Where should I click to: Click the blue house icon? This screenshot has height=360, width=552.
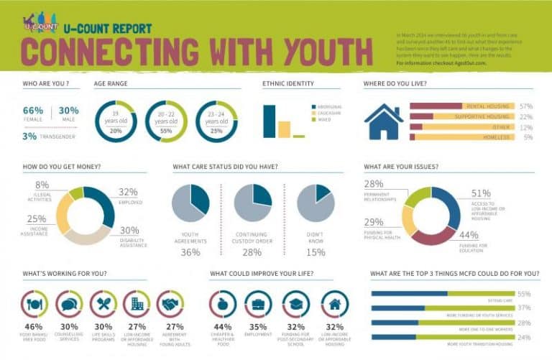click(x=384, y=122)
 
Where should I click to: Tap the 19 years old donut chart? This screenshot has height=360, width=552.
click(x=115, y=121)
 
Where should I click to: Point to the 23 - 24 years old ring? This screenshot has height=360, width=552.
click(x=216, y=121)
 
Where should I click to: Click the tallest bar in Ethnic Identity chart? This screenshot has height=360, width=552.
click(x=270, y=121)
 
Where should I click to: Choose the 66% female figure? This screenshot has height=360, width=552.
click(x=33, y=110)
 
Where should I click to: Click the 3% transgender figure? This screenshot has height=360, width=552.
click(x=29, y=136)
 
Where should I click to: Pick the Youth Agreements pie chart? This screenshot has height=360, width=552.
click(x=190, y=203)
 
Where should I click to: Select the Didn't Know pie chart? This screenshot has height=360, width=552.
click(x=316, y=203)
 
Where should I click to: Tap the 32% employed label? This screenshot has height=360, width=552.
click(x=128, y=192)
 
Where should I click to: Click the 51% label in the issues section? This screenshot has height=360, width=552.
click(x=481, y=193)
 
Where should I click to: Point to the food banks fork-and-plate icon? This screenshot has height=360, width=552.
click(x=34, y=304)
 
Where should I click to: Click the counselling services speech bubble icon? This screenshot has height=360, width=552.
click(x=69, y=304)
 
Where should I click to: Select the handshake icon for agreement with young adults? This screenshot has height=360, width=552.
click(x=170, y=304)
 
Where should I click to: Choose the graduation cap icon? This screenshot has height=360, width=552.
click(x=296, y=304)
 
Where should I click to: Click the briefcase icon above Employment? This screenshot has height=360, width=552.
click(x=259, y=304)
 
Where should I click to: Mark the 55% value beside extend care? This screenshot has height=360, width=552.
click(x=524, y=294)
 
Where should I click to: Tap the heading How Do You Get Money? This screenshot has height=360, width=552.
click(x=62, y=167)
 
